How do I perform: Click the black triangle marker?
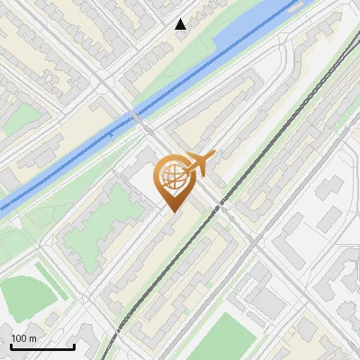[x=180, y=24]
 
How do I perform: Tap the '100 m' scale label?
[x=23, y=338]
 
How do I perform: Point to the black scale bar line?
[x=41, y=346]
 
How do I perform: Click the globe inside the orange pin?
[x=171, y=176]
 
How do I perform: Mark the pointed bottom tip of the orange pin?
[x=172, y=212]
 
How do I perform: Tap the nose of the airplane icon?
[x=213, y=157]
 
